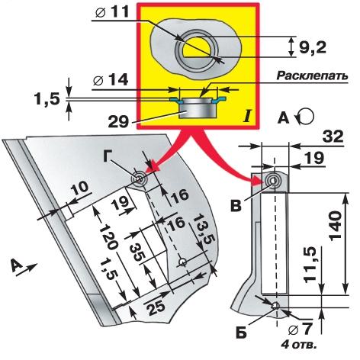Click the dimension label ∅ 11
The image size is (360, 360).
(112, 11)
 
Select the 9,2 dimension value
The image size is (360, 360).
(312, 47)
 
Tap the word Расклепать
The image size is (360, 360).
(312, 76)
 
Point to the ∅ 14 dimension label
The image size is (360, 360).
(111, 80)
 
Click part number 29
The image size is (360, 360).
(118, 122)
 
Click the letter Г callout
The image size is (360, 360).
(110, 156)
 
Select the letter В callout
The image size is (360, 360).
(236, 206)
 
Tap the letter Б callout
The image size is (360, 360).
(241, 333)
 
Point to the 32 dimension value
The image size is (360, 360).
(333, 137)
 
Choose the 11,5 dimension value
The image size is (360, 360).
(311, 265)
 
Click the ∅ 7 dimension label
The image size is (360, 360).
(300, 330)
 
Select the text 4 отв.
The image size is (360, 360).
(299, 346)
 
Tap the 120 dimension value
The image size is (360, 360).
(108, 236)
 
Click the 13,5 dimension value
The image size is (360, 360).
(204, 228)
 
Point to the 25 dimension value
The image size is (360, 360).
(156, 306)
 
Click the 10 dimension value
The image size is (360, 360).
(79, 188)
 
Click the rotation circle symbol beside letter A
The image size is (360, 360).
(307, 117)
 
